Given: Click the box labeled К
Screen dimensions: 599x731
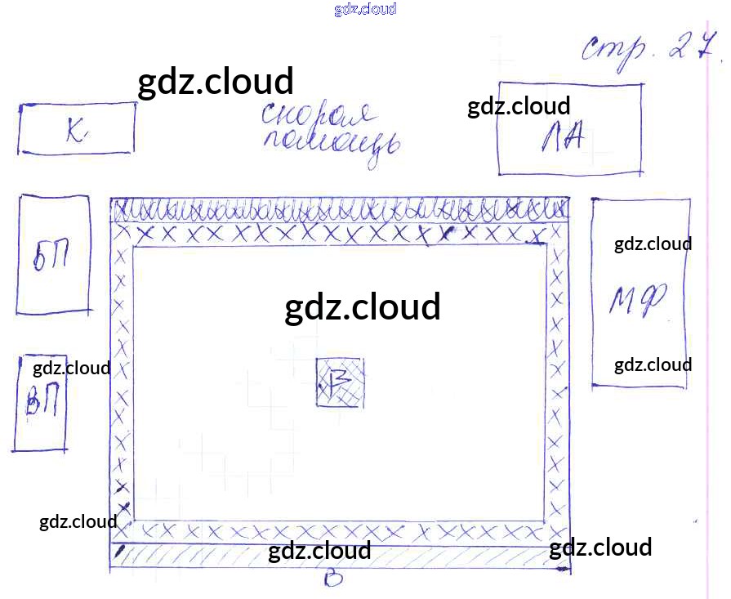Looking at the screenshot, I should [76, 128].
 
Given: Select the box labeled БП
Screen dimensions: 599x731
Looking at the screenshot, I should [53, 254].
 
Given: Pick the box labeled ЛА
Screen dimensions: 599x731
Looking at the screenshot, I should [569, 129].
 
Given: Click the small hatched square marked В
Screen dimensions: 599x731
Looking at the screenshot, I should [340, 382].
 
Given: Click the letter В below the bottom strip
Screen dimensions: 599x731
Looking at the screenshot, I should [332, 579].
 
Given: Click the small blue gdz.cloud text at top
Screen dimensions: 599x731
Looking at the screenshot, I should [365, 10].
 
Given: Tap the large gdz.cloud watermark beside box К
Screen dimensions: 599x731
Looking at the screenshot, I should [215, 83].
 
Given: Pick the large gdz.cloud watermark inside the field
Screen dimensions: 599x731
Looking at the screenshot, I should [363, 307].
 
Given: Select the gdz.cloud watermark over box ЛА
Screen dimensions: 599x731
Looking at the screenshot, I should [519, 106].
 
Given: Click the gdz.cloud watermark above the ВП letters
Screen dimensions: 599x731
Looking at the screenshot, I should [72, 369].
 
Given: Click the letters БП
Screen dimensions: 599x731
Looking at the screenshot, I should [51, 259].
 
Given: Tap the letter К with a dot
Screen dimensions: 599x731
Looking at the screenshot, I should [77, 131].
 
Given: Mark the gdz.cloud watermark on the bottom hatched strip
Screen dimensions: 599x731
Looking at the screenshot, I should [319, 551].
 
